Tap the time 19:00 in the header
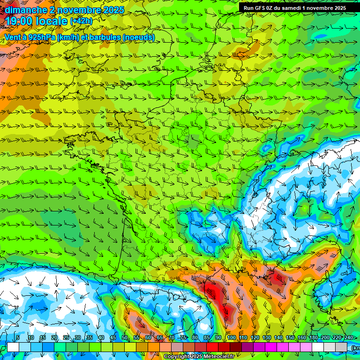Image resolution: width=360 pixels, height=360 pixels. point(18,21)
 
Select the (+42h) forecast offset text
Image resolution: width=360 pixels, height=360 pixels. point(81,21)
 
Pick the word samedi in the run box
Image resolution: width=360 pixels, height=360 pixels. point(293,8)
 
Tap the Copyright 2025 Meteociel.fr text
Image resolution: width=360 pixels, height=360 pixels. point(199,357)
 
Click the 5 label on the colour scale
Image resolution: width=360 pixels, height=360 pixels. point(18,338)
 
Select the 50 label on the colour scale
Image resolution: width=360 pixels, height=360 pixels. point(125,338)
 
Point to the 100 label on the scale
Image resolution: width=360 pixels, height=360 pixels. point(231,338)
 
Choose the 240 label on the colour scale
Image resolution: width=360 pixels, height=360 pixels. point(348,338)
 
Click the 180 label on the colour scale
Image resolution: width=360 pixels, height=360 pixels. point(313,338)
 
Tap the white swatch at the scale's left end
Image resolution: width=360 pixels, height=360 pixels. point(13,347)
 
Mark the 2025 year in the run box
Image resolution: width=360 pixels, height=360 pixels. point(338,8)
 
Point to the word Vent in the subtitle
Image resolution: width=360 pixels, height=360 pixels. point(13,37)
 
